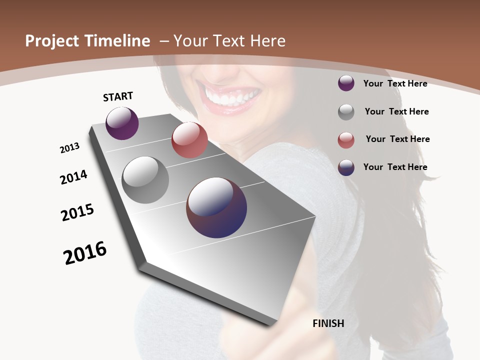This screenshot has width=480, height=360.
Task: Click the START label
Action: coord(118,96)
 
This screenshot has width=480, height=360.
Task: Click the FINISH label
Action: coord(328,323)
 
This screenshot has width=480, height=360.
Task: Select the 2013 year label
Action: coord(69,148)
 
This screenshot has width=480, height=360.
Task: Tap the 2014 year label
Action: coord(73,177)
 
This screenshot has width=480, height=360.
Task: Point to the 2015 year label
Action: coord(77,212)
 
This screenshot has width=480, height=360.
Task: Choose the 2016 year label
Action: coord(85,253)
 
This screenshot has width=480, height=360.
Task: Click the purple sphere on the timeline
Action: coord(122,123)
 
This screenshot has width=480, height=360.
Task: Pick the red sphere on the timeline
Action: coord(189,140)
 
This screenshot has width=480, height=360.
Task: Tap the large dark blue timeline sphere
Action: coord(216,207)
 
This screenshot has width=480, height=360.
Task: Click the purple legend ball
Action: coord(346,83)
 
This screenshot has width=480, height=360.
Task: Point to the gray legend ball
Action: coord(346,112)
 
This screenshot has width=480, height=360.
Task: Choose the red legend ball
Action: coord(346,140)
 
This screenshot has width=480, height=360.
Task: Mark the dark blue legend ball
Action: coord(346,167)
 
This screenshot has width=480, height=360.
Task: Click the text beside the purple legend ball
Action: coord(395,83)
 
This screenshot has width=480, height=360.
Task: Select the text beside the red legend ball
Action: coord(397,139)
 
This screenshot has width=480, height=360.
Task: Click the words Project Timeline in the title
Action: coord(87,41)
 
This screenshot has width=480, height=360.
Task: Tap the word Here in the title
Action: coord(267,41)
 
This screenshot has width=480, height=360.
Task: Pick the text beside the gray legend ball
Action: coord(396,111)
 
